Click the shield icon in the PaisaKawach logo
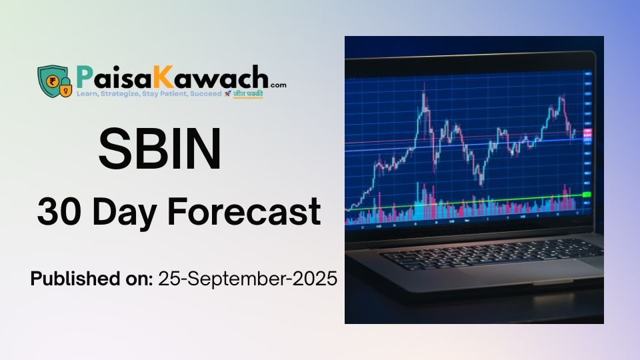[x=51, y=79]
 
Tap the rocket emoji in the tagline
[x=227, y=95]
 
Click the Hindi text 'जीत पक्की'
[x=247, y=95]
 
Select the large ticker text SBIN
[x=160, y=149]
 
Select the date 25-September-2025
[x=247, y=279]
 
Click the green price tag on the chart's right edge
[x=587, y=194]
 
